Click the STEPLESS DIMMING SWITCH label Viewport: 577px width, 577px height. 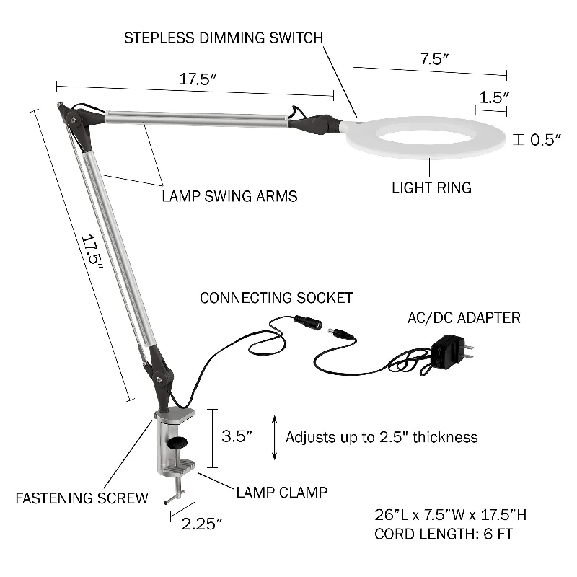pyautogui.click(x=224, y=38)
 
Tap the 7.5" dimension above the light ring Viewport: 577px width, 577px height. pyautogui.click(x=435, y=58)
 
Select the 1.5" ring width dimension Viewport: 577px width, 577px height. pyautogui.click(x=494, y=97)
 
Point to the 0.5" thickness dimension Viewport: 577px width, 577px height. pyautogui.click(x=545, y=139)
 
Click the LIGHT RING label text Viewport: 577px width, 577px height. pyautogui.click(x=431, y=188)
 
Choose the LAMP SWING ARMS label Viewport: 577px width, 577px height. pyautogui.click(x=229, y=196)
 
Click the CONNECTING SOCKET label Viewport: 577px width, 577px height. pyautogui.click(x=276, y=298)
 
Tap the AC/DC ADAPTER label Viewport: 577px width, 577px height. pyautogui.click(x=464, y=318)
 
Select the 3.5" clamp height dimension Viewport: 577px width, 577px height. pyautogui.click(x=237, y=436)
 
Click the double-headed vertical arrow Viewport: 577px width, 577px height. pyautogui.click(x=274, y=438)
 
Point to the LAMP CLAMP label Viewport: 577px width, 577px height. pyautogui.click(x=282, y=493)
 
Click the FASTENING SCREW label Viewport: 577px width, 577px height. pyautogui.click(x=82, y=498)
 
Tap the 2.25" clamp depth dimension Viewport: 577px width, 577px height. pyautogui.click(x=202, y=524)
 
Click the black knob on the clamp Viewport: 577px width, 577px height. pyautogui.click(x=177, y=442)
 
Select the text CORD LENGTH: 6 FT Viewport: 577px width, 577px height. pyautogui.click(x=444, y=534)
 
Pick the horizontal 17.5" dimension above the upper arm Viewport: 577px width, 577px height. pyautogui.click(x=197, y=79)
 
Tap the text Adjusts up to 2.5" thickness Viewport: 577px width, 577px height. pyautogui.click(x=382, y=437)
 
